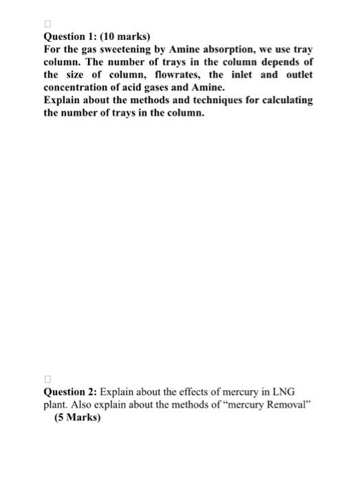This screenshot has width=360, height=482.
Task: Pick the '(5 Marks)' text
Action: (76, 417)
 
